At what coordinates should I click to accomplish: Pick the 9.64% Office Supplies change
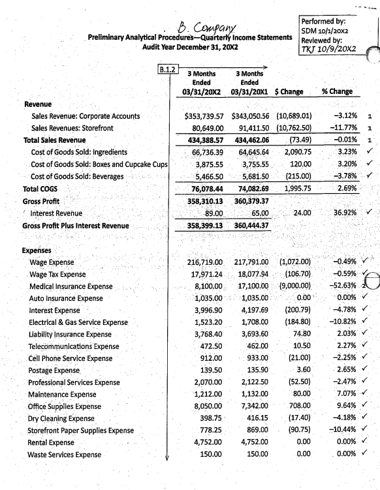click(341, 406)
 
